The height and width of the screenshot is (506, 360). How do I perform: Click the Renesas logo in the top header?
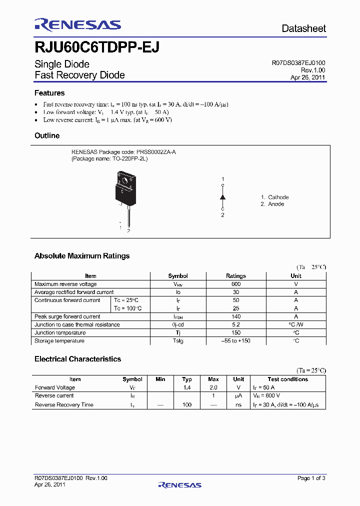point(77,24)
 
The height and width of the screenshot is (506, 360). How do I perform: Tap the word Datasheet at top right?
point(303,28)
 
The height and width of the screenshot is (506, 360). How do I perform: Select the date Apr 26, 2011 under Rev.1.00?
point(308,77)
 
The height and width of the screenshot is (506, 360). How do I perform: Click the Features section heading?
point(49,93)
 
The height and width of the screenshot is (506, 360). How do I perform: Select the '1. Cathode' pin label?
point(274,197)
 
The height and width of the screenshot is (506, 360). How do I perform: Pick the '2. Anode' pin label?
point(272,204)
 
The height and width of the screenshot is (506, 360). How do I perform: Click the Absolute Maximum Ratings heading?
point(82,256)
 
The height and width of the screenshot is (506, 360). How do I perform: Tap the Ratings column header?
point(236,276)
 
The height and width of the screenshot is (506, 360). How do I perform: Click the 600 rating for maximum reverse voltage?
point(236,284)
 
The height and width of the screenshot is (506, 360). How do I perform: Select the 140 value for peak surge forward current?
point(236,316)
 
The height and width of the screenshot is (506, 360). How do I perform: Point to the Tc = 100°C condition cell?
point(127,308)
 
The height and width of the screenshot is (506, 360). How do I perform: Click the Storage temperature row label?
point(59,341)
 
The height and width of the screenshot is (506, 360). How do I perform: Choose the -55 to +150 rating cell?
point(236,341)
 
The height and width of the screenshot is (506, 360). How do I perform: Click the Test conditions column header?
point(287,379)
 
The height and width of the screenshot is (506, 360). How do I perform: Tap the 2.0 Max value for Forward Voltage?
point(213,387)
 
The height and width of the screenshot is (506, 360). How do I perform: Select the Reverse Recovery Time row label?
point(64,404)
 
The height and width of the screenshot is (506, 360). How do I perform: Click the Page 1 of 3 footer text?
point(311,478)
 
